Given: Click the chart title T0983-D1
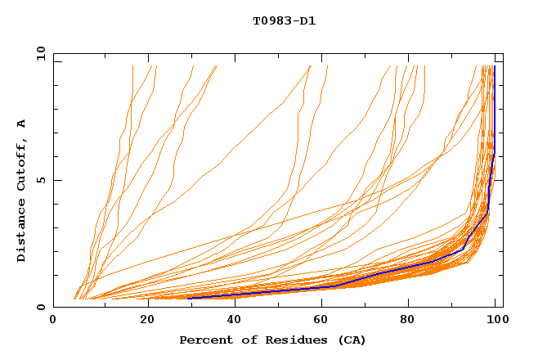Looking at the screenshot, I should pos(284,20).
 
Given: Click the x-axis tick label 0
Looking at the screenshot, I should pos(53,321).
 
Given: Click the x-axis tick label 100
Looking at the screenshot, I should pos(495,321).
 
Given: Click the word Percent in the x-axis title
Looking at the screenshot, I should pos(202,340).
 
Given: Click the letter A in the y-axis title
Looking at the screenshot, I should pos(22,124).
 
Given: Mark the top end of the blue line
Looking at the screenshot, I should pos(495,66).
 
